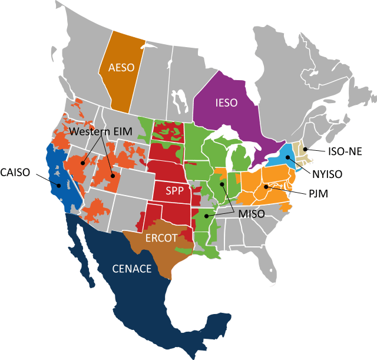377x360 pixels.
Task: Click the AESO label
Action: (x=121, y=67)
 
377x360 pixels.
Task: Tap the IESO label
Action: (x=224, y=103)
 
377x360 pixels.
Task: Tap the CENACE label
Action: (x=132, y=269)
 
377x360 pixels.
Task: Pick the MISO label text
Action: (x=252, y=214)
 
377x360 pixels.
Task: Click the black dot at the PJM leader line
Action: (x=266, y=187)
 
